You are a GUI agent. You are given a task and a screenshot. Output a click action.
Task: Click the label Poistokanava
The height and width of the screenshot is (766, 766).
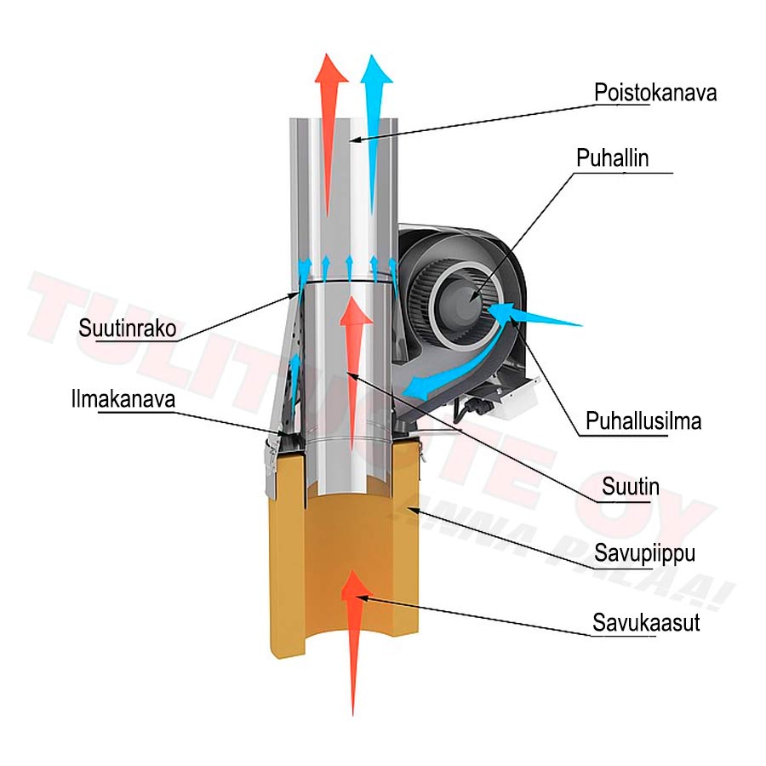(655, 92)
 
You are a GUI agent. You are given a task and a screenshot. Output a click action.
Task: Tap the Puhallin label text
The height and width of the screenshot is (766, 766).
(612, 158)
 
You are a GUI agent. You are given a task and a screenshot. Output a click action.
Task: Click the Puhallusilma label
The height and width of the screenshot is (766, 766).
(643, 421)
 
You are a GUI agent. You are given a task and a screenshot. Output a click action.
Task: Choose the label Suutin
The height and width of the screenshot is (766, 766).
(630, 487)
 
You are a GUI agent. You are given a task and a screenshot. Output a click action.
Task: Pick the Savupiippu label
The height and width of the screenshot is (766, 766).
(644, 554)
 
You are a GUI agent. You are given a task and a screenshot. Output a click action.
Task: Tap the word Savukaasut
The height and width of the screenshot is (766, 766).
(646, 622)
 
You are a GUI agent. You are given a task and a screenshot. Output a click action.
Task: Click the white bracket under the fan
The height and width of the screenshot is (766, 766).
(511, 396)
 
